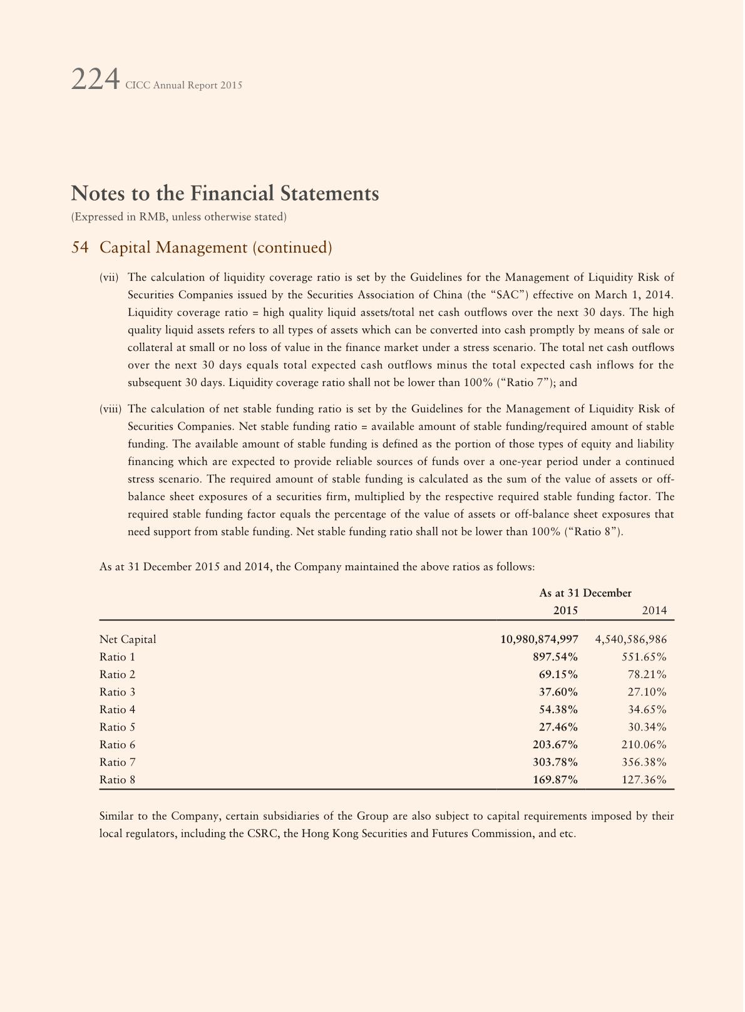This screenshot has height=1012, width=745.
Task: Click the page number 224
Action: [95, 80]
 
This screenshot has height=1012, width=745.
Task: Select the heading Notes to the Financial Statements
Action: [225, 194]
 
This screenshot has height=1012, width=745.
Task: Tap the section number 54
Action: [80, 248]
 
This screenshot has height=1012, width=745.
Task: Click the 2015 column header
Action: [565, 610]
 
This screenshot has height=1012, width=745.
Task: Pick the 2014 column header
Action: [654, 610]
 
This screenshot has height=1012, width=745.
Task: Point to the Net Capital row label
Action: [128, 639]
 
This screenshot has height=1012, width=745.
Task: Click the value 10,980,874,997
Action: [539, 639]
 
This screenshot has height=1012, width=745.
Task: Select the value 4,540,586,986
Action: [630, 639]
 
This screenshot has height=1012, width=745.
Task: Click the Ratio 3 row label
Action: [117, 692]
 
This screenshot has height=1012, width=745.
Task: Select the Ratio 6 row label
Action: [117, 744]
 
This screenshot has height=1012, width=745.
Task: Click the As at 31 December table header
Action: [585, 593]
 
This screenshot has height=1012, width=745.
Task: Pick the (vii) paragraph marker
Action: [109, 277]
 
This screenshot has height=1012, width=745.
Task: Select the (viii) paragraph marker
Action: [110, 409]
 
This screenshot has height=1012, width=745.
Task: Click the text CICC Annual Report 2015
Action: [183, 85]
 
